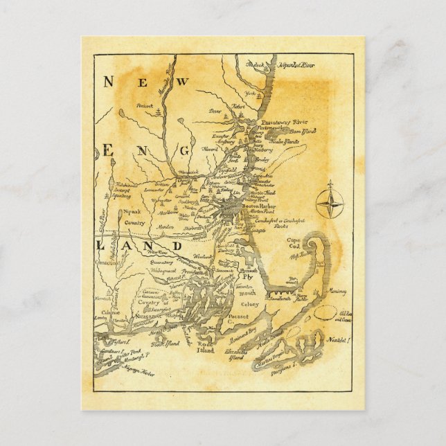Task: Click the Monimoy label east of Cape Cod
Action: pos(338,292)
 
